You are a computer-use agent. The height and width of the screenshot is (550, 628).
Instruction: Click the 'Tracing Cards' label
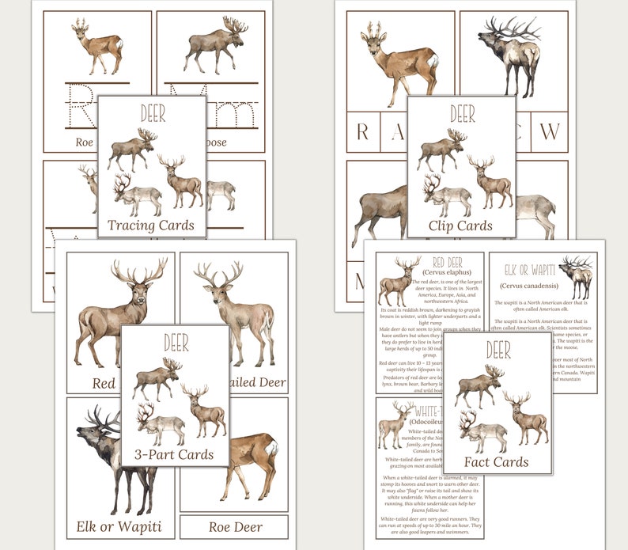[151, 225]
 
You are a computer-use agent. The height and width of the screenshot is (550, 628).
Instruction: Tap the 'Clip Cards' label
[461, 225]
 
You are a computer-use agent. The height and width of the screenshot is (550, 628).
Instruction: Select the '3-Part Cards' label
[175, 454]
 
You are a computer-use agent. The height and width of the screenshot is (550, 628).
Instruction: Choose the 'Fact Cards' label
[497, 461]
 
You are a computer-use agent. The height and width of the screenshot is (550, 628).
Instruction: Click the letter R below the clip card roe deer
[362, 131]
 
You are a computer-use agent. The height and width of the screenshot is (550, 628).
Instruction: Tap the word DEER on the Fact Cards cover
[497, 350]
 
